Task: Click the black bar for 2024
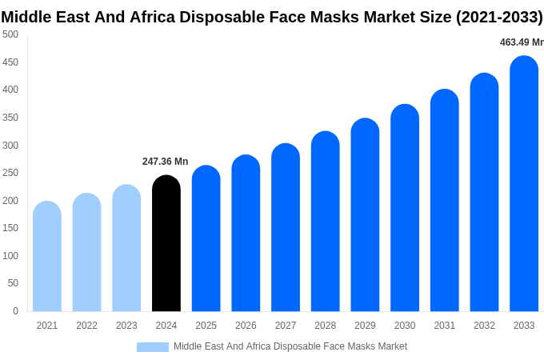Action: pyautogui.click(x=166, y=244)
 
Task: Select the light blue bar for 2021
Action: pyautogui.click(x=47, y=257)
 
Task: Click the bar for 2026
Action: pyautogui.click(x=246, y=234)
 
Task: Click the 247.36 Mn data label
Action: pyautogui.click(x=165, y=162)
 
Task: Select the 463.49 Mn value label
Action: pyautogui.click(x=521, y=42)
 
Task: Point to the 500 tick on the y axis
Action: pyautogui.click(x=10, y=34)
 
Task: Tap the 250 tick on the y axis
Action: pyautogui.click(x=10, y=173)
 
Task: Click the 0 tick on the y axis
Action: pyautogui.click(x=15, y=311)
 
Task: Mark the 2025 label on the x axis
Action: pyautogui.click(x=206, y=326)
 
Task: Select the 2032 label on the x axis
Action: pyautogui.click(x=484, y=326)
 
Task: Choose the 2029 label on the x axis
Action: pyautogui.click(x=365, y=326)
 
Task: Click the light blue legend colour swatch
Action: pyautogui.click(x=152, y=347)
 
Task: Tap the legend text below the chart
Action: pyautogui.click(x=290, y=346)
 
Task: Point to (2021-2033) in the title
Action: pyautogui.click(x=499, y=17)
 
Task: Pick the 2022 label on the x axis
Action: pyautogui.click(x=86, y=326)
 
